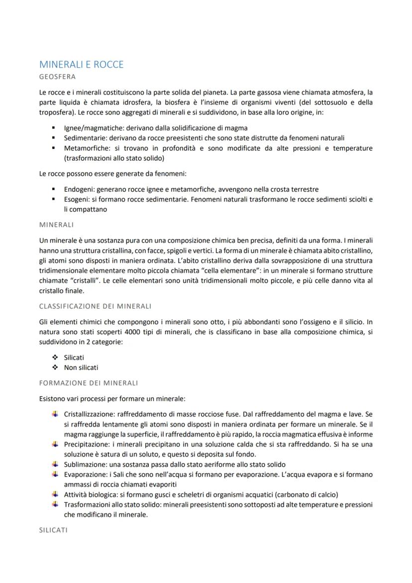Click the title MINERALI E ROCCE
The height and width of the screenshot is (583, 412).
[81, 65]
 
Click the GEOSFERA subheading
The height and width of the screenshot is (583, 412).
[57, 77]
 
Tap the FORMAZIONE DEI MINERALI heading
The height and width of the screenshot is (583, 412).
[88, 383]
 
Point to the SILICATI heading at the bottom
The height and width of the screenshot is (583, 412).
[53, 530]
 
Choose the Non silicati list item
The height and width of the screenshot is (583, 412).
[81, 367]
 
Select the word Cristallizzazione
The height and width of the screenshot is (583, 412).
[92, 414]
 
